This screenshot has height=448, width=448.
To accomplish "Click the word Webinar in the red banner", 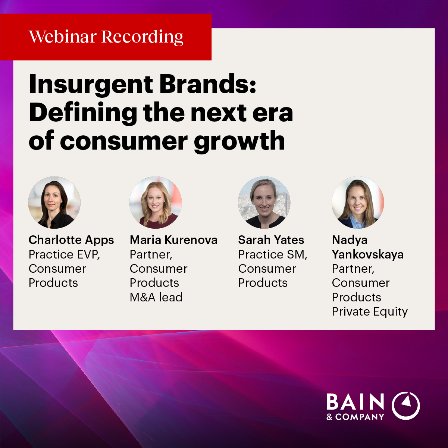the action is pos(63,37).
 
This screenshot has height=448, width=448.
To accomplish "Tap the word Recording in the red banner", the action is pos(142,37).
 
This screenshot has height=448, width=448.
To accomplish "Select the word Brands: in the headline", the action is pos(208,84).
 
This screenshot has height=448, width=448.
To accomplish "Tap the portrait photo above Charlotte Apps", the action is pos(54,202).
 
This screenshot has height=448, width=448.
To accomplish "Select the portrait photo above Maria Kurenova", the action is pos(156,202).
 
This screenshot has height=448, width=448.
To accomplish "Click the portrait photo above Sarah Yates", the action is pos(264,202).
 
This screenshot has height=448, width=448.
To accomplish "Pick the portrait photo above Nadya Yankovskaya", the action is pos(358,202).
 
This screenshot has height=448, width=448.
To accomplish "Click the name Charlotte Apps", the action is pos(71,240).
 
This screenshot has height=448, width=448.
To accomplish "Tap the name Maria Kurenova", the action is pos(174,240).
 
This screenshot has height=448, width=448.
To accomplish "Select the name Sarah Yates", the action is pos(271,240).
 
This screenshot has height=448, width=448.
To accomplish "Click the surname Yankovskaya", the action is pos(367,254).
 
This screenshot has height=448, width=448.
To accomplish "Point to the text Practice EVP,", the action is pos(64,254).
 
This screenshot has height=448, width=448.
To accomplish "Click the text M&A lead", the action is pos(156,297).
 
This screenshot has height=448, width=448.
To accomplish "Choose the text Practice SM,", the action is pos(273,254).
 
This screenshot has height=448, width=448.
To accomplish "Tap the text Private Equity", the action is pos(370,312).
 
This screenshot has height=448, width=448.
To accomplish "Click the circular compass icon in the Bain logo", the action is pos(406,406).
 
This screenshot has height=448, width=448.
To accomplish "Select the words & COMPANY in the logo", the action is pos(355,417).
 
